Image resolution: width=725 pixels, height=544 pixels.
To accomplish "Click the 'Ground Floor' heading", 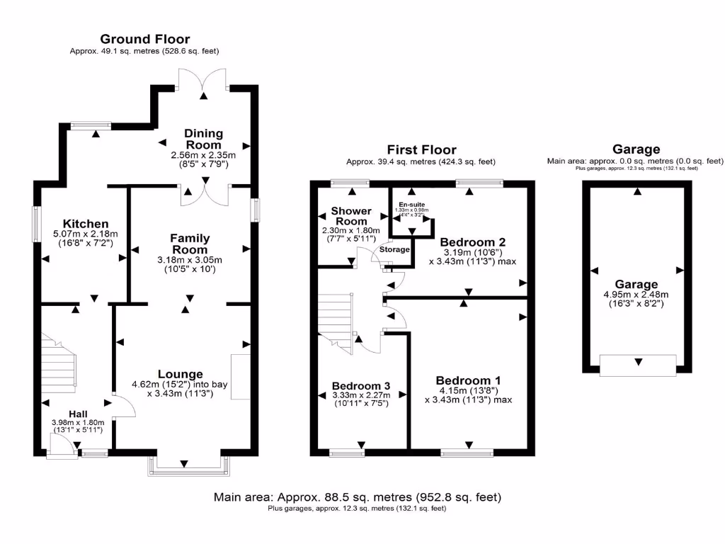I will click(144, 39).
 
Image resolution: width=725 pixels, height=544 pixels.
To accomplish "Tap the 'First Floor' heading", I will click(421, 149).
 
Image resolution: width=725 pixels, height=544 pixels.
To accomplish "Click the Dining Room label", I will click(203, 139).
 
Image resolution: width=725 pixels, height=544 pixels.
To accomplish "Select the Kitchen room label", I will click(85, 224).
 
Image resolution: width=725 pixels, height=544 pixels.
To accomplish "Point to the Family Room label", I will click(190, 244).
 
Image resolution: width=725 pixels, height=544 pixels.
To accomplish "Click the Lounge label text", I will click(181, 374).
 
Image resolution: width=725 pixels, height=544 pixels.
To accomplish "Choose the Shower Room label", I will click(351, 216).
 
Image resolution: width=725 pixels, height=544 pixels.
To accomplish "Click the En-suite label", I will click(413, 205).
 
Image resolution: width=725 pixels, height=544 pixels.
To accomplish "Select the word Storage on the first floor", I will click(394, 249).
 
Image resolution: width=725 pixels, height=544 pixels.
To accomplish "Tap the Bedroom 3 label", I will click(360, 385).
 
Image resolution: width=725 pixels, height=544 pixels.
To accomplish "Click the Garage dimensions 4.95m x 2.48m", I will click(635, 295).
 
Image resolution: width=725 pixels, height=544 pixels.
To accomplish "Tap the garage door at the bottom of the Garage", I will click(636, 364).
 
